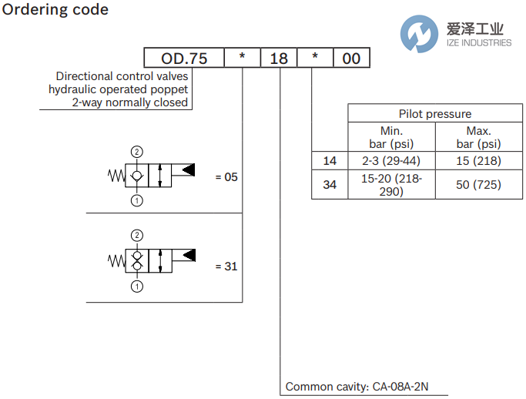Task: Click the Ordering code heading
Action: (x=56, y=10)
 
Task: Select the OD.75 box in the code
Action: (x=183, y=59)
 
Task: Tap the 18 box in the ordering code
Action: (x=278, y=59)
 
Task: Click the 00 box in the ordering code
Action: (x=350, y=59)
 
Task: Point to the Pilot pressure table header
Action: (x=434, y=113)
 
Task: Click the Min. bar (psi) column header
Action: (x=391, y=137)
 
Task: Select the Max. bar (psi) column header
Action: (x=478, y=137)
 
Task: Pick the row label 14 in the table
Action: (x=330, y=161)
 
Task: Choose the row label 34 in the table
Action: (x=330, y=185)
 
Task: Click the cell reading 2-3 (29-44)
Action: (x=391, y=161)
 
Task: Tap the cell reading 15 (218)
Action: (x=478, y=161)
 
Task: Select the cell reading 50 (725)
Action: (x=478, y=185)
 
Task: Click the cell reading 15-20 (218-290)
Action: (x=391, y=185)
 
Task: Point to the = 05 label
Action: (x=226, y=177)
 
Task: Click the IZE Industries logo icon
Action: (x=420, y=33)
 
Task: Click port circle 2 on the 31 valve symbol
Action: (x=137, y=235)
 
